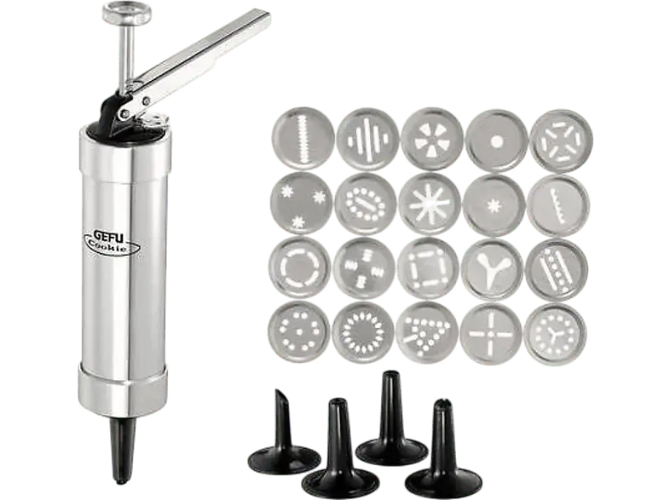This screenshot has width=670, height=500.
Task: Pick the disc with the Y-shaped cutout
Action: point(493,269)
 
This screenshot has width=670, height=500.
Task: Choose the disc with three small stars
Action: point(302,204)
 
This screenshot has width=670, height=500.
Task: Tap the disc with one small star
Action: point(494,205)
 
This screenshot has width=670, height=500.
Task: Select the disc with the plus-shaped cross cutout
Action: point(491,334)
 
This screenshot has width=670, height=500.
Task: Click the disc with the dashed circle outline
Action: point(300,267)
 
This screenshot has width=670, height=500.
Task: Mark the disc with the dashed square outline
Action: point(429,268)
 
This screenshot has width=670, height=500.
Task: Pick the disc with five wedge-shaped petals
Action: point(432,139)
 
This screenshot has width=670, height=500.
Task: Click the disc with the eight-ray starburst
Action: point(430,204)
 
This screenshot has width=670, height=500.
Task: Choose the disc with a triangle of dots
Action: point(427,333)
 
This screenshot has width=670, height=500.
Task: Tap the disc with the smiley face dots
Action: point(299,332)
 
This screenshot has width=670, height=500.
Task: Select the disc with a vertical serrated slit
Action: point(303,138)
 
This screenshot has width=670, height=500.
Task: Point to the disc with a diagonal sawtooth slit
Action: point(558,206)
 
